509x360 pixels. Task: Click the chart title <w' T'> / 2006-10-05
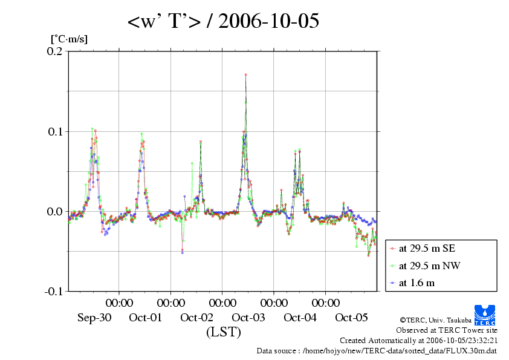(222, 22)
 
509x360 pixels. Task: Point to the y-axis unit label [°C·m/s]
(70, 39)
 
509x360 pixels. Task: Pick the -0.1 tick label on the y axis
(54, 291)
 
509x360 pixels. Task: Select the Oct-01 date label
(145, 318)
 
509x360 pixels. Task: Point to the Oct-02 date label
(196, 318)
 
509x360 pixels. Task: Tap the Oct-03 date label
(248, 318)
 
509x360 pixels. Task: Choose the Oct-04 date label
(300, 318)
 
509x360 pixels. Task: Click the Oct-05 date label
(351, 318)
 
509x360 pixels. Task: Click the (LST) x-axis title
(223, 332)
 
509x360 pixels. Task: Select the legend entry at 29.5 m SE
(424, 248)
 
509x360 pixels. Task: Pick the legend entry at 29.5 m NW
(425, 265)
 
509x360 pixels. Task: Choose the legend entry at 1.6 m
(417, 282)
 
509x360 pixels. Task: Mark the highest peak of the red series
(245, 74)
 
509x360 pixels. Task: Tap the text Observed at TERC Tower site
(447, 330)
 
